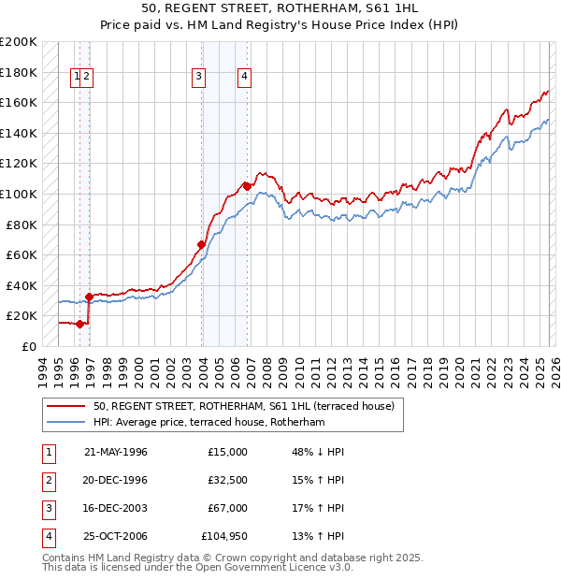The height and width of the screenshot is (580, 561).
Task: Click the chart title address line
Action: [x=280, y=8]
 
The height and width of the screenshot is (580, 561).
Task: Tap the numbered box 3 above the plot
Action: [x=199, y=78]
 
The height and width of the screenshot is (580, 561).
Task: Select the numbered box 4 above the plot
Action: [x=244, y=78]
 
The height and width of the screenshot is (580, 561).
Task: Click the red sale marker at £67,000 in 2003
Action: [x=201, y=245]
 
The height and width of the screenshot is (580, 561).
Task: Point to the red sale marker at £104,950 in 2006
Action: [x=247, y=186]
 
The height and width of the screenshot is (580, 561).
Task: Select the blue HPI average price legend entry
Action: [x=209, y=423]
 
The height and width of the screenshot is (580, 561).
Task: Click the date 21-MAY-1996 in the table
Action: [x=116, y=452]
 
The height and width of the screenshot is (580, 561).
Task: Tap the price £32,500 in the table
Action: [x=228, y=480]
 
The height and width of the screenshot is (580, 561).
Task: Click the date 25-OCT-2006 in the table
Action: [x=116, y=536]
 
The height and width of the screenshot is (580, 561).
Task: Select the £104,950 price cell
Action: [x=224, y=536]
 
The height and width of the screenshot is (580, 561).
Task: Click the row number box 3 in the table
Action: [x=47, y=508]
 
